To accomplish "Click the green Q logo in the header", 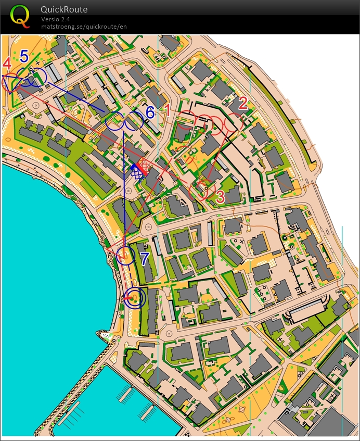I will (20, 16).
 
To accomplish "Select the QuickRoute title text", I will (64, 9).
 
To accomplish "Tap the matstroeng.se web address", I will (84, 27).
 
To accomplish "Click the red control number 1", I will (168, 109).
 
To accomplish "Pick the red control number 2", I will (242, 103).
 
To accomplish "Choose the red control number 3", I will (220, 196).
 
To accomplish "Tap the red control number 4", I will (7, 64).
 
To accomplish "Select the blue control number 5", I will (24, 56).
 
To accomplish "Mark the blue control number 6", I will (150, 112).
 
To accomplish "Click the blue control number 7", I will (144, 257).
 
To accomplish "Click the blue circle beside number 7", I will (125, 256).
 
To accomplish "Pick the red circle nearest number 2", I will (232, 124).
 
